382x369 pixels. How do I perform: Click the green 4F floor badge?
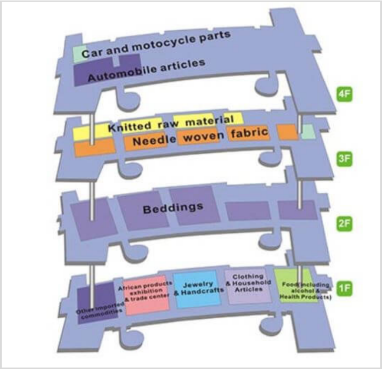pos(345,94)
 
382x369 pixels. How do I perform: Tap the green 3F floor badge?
pos(345,159)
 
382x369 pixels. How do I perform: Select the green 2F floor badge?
pos(345,224)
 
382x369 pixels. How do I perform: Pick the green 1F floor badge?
pos(345,288)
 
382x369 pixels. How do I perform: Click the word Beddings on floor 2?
pos(173,208)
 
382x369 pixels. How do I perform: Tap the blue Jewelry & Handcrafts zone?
pos(197,289)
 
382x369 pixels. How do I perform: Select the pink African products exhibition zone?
pos(146,295)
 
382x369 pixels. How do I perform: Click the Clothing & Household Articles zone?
pos(248,286)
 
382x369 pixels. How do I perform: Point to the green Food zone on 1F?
pos(297,285)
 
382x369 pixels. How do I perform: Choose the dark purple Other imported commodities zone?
pos(97,303)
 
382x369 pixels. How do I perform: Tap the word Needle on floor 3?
pos(154,140)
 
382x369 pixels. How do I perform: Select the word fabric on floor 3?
pos(250,132)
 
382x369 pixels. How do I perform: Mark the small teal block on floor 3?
pos(308,132)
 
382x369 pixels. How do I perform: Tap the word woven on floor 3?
pos(203,137)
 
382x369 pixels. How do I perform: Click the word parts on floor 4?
pos(215,36)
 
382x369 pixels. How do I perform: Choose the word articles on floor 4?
pos(183,65)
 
